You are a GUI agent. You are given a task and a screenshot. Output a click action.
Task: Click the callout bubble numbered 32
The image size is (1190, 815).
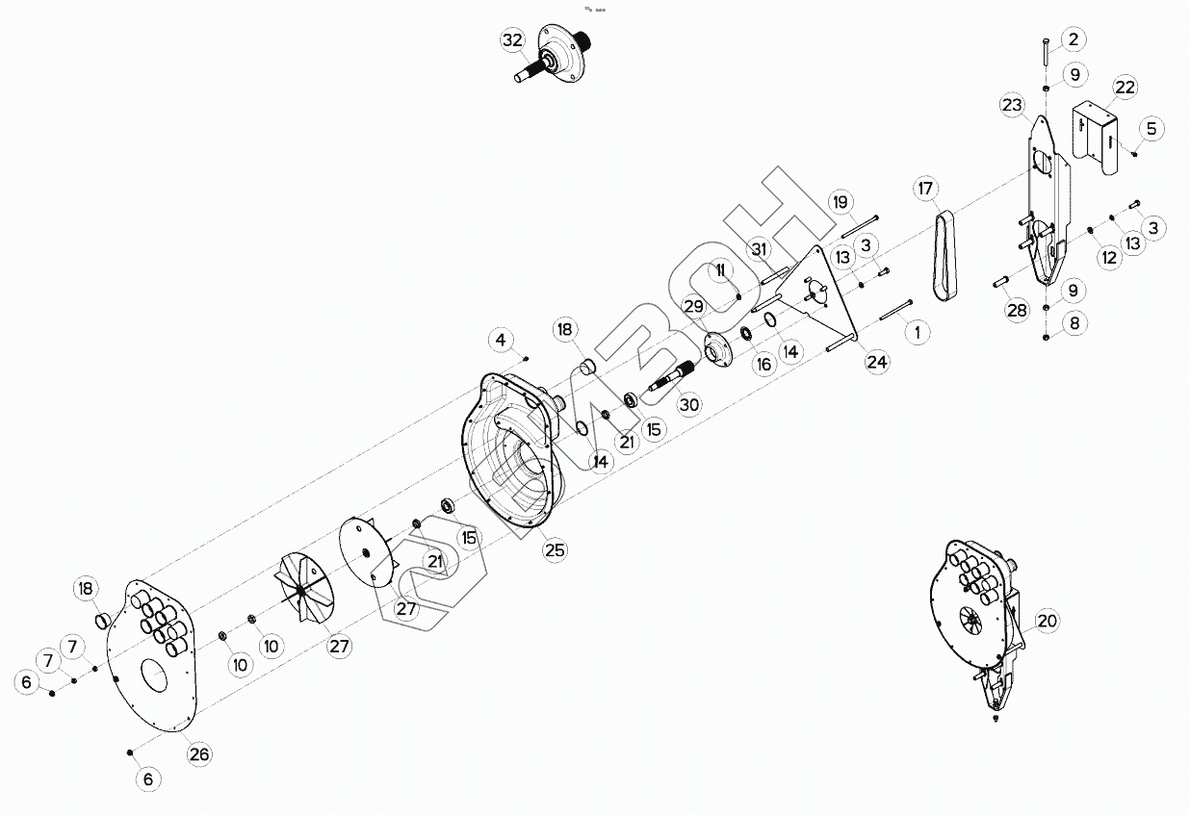point(512,40)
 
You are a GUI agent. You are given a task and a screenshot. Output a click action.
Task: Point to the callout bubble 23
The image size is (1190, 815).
point(1012,105)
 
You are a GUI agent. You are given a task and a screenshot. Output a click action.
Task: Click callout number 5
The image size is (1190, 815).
point(1153,128)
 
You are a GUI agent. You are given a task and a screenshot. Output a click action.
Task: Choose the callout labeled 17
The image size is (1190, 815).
point(925,190)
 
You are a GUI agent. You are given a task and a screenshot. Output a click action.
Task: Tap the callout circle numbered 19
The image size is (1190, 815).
point(841,202)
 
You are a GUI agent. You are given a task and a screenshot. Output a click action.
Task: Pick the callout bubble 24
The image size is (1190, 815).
point(877,362)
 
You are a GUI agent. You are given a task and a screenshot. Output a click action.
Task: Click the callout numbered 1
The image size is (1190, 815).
point(917,332)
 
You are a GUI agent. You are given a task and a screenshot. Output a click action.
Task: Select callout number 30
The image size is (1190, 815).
point(689,405)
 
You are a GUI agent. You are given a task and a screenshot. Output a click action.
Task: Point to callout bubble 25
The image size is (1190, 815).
point(555,549)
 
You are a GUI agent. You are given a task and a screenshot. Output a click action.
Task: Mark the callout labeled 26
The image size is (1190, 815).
point(198,754)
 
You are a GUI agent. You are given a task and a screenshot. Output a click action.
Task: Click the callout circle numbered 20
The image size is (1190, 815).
point(1047,622)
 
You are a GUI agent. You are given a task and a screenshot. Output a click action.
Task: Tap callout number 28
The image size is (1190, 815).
point(1017,310)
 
